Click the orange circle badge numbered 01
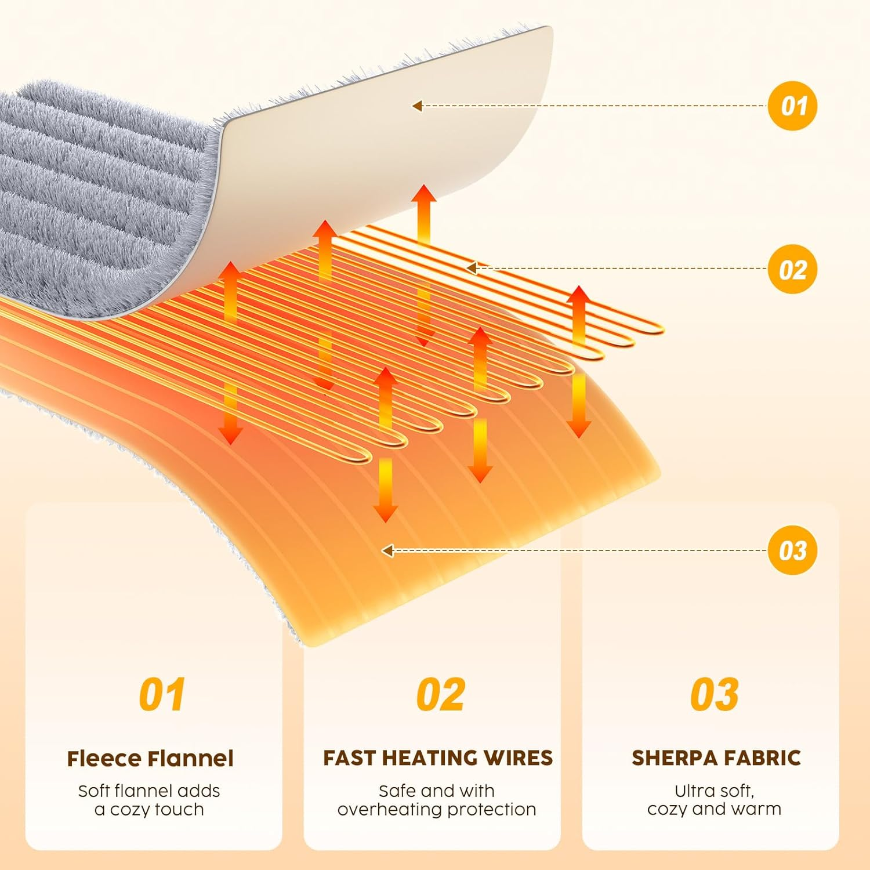[x=792, y=106]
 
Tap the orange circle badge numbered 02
[x=792, y=269]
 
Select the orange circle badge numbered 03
[x=792, y=550]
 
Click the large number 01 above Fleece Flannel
[x=162, y=694]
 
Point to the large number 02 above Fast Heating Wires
[x=440, y=694]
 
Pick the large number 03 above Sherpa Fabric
[x=714, y=694]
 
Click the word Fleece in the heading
[x=104, y=759]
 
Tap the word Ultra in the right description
[x=693, y=791]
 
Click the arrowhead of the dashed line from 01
[x=416, y=106]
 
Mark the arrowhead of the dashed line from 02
[x=471, y=268]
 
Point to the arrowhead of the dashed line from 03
[x=387, y=550]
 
